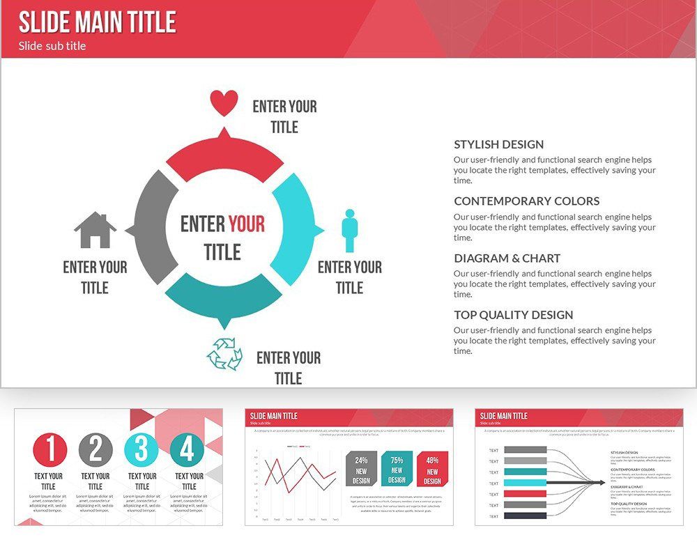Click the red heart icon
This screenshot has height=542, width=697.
pos(224,104)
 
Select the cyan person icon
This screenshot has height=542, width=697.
pos(349,231)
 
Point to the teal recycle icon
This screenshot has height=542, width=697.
pos(224,354)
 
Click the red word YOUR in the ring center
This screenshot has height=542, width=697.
pos(247,224)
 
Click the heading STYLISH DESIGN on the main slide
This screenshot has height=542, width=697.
pos(498,145)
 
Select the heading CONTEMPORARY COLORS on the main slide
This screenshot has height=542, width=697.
pos(526,201)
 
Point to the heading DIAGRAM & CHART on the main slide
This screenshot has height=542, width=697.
pos(507,258)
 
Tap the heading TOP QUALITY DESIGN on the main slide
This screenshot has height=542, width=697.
pos(513,315)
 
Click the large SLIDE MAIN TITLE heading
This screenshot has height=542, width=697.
pos(97,22)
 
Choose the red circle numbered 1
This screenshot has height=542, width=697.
pos(49,449)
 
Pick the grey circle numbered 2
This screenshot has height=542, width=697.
pos(95,449)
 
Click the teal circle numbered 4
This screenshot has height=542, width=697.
pos(187,449)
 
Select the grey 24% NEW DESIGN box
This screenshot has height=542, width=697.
pos(361,468)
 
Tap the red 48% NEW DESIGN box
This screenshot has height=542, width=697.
pos(432,468)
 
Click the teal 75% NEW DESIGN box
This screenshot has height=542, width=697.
pos(397,468)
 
